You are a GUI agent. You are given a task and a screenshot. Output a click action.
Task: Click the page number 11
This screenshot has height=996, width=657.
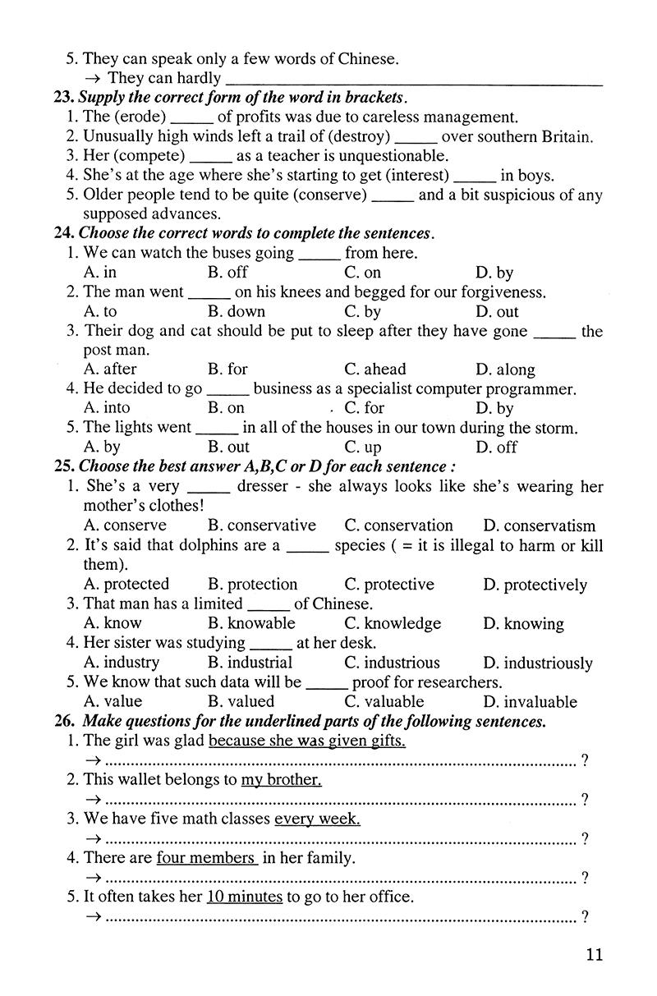[x=595, y=954]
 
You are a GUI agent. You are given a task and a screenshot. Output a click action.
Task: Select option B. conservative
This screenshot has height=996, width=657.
[x=261, y=526]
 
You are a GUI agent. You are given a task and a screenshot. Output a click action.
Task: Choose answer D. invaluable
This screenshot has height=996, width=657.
[x=530, y=702]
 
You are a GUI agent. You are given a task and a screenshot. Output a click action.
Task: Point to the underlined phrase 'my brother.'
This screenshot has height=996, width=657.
[x=281, y=780]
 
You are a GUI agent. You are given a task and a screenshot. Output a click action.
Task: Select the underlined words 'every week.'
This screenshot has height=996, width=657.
[x=317, y=819]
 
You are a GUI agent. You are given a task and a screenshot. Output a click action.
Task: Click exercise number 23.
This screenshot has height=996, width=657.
[x=63, y=98]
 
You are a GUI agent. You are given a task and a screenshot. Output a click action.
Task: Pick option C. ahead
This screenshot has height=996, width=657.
[x=374, y=369]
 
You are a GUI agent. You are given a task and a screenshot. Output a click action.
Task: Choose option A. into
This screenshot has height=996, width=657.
[x=107, y=408]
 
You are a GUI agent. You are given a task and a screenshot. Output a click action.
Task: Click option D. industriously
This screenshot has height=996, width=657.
[x=537, y=663]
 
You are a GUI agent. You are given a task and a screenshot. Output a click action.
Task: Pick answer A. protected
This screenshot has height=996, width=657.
[x=126, y=585]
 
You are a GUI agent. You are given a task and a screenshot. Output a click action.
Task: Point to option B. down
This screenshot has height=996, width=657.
[x=237, y=312]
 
